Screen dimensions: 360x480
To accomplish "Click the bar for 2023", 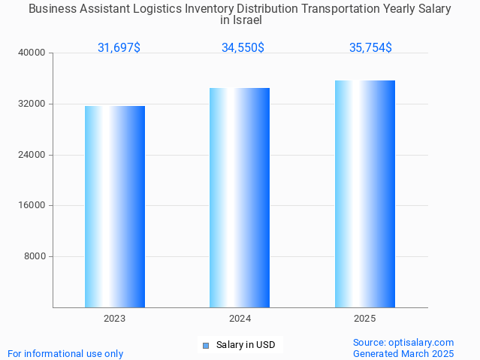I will point(115,207).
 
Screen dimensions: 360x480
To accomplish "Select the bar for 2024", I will point(240,198).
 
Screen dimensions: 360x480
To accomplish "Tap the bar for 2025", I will point(365,194).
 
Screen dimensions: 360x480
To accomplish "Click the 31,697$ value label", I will point(119,48).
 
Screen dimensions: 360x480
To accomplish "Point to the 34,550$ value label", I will point(243,48).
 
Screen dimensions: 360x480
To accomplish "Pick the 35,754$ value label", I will point(370,48).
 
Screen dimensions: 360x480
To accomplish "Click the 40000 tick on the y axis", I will point(32,53).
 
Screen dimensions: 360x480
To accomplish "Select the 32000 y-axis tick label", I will point(32,104).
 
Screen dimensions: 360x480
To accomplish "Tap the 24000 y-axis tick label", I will point(32,155).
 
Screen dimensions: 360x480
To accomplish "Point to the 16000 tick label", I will point(32,206).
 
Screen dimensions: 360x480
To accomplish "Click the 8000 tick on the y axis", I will point(35,256).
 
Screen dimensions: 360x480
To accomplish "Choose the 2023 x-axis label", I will point(115,319).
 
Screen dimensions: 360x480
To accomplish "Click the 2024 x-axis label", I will point(240,319).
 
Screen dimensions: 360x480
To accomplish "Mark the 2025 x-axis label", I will point(365,319).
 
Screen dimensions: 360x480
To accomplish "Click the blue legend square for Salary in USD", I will point(205,346).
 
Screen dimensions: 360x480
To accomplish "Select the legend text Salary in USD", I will point(246,346).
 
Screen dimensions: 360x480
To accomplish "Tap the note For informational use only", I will point(65,354).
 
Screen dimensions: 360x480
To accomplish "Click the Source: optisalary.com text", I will point(403,343).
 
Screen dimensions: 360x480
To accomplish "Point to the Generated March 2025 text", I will point(403,354).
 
